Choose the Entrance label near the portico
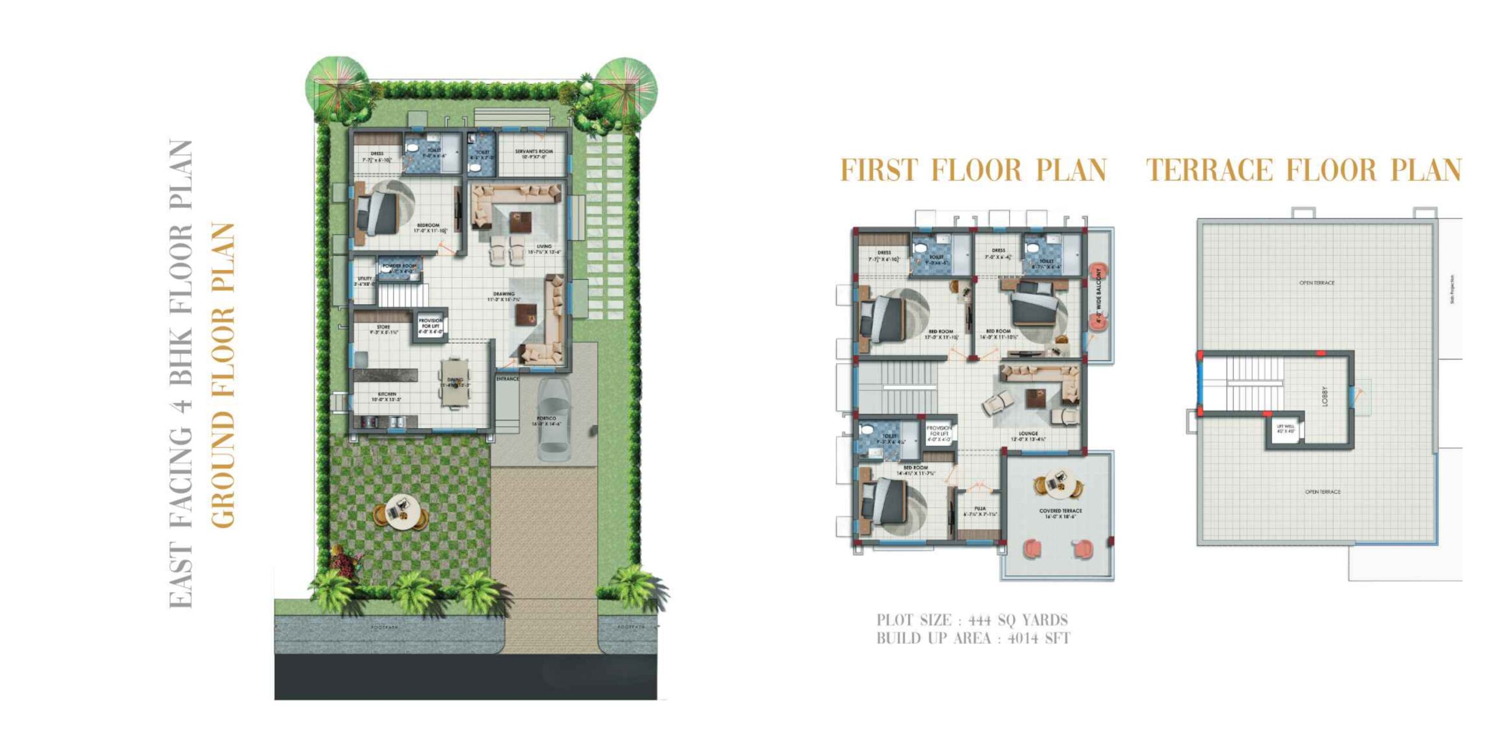click(x=507, y=379)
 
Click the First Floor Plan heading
click(x=973, y=170)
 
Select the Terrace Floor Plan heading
click(x=1304, y=170)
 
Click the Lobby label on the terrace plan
click(x=1325, y=396)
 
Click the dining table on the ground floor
click(x=455, y=382)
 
